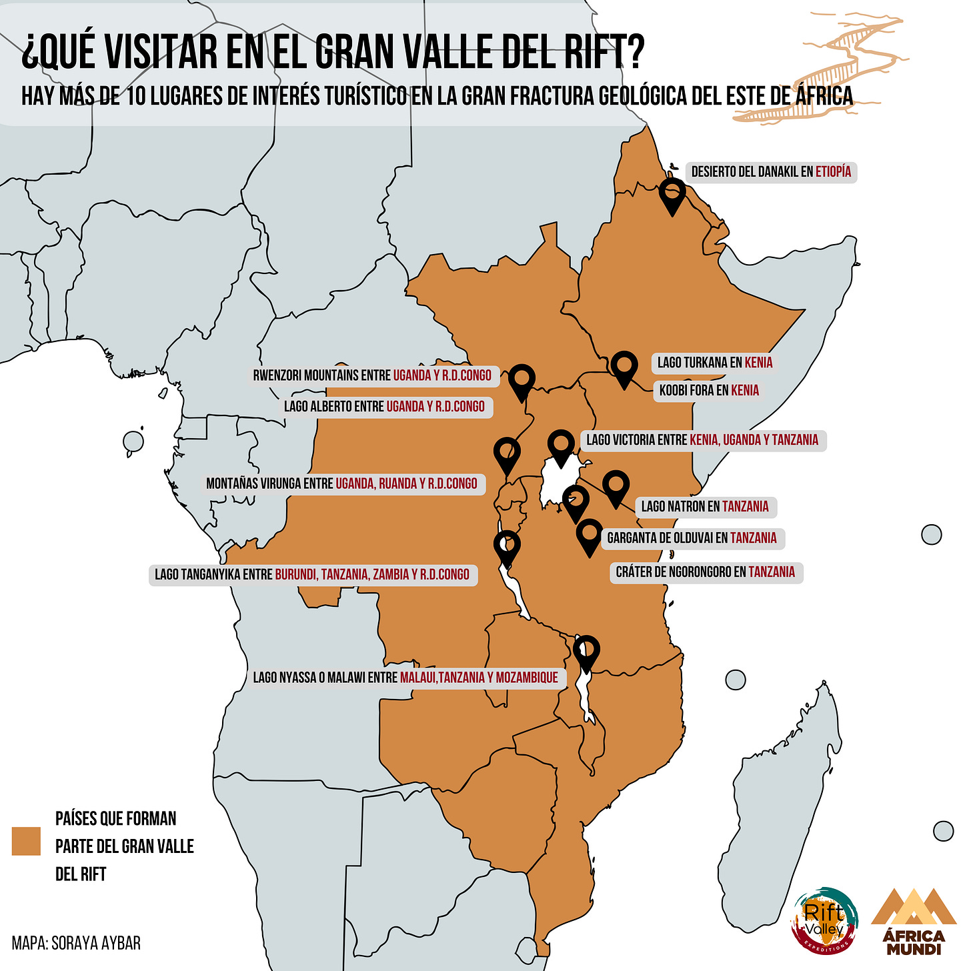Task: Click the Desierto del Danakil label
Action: click(x=770, y=172)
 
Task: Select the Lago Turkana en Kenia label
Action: click(x=714, y=363)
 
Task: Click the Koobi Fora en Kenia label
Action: click(x=709, y=391)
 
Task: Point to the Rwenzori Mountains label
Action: click(x=372, y=375)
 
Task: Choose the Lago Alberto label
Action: click(x=384, y=407)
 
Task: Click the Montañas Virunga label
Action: click(x=341, y=483)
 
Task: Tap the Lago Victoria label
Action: click(x=702, y=440)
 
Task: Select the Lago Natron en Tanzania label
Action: click(x=705, y=507)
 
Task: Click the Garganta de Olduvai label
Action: click(x=692, y=538)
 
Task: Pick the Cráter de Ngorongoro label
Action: click(x=706, y=572)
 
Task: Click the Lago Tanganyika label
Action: click(x=312, y=574)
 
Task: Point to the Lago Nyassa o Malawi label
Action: click(x=405, y=678)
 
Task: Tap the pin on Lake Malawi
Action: click(x=586, y=650)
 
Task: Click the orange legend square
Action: click(x=26, y=841)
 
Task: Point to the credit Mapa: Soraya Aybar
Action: click(x=76, y=943)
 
